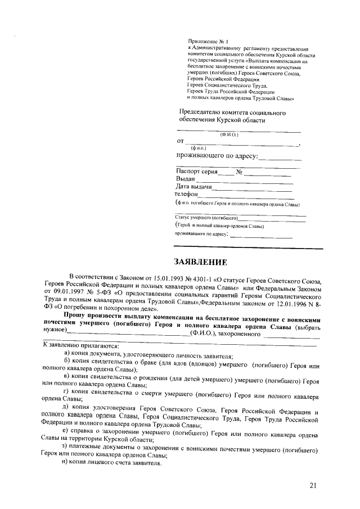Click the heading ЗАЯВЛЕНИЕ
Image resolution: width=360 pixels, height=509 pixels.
201,262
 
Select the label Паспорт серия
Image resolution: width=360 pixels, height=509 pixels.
196,171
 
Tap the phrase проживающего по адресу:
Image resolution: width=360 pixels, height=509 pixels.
217,155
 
